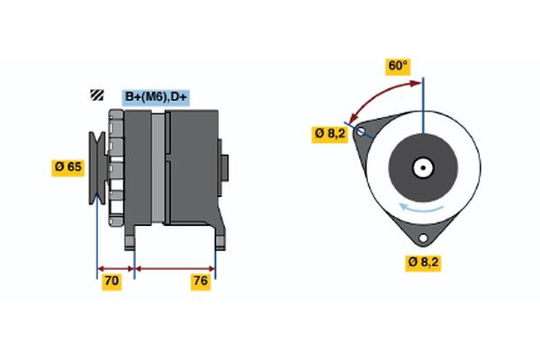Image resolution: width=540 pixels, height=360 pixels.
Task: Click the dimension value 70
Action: (112, 282)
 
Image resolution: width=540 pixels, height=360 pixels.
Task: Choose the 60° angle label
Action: (398, 66)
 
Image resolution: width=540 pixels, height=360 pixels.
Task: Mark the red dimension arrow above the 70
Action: (115, 267)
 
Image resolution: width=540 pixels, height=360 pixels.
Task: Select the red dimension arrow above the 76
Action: (175, 267)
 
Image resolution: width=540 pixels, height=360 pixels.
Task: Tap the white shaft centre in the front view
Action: (422, 167)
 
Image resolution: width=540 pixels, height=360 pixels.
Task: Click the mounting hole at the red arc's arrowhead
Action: (361, 132)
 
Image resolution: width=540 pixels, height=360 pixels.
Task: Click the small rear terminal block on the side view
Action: (224, 168)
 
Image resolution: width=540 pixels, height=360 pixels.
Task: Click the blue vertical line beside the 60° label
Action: (422, 99)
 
